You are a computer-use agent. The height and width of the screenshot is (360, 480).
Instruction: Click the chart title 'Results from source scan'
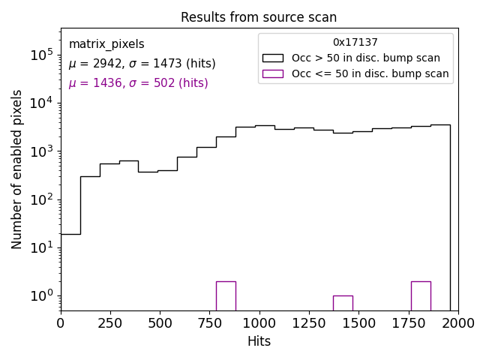tap(259, 17)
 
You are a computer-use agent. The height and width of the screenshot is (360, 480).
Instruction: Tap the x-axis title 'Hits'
tap(259, 341)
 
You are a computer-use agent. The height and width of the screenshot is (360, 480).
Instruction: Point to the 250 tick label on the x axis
tap(110, 322)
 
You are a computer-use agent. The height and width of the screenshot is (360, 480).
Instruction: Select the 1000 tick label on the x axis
tap(259, 322)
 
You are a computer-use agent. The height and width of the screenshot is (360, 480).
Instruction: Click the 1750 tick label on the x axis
tap(408, 322)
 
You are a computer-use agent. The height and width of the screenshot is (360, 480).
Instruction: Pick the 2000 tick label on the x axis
tap(457, 322)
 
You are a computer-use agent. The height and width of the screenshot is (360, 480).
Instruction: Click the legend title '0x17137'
tap(355, 43)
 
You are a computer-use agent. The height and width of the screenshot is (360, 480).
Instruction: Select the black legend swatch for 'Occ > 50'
tap(272, 58)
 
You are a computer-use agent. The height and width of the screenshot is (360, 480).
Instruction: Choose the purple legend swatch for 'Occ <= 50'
tap(272, 73)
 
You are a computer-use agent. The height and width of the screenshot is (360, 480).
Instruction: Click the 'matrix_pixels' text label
tap(106, 44)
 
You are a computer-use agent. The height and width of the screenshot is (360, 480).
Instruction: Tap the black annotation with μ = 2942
tap(142, 64)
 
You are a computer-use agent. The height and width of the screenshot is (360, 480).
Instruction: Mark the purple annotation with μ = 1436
tap(138, 83)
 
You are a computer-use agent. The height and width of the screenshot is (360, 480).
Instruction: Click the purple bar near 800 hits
tap(226, 295)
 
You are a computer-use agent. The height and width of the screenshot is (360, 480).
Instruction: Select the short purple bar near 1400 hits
tap(343, 302)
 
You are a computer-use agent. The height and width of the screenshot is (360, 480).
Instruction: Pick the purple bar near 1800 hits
tap(421, 295)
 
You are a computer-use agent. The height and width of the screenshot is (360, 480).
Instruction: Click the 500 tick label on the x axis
tap(160, 322)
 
